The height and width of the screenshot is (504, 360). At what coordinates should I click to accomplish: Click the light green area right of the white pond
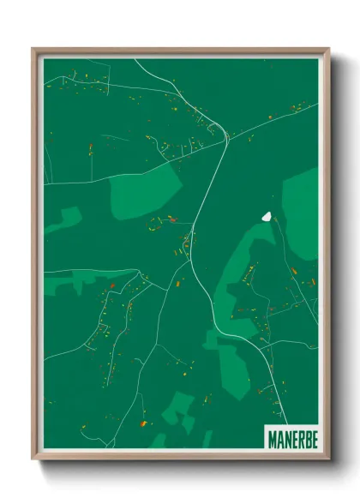coord(300,206)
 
